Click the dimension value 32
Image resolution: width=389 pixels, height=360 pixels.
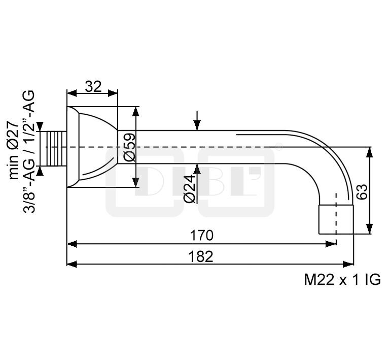tap(93, 86)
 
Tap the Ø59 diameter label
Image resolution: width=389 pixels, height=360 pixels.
tap(129, 147)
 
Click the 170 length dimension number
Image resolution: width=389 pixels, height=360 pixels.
tap(202, 236)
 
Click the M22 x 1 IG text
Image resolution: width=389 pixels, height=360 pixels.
tap(342, 280)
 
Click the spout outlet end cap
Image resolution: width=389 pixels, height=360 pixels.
tap(335, 218)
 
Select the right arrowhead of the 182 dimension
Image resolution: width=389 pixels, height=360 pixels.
tap(349, 264)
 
